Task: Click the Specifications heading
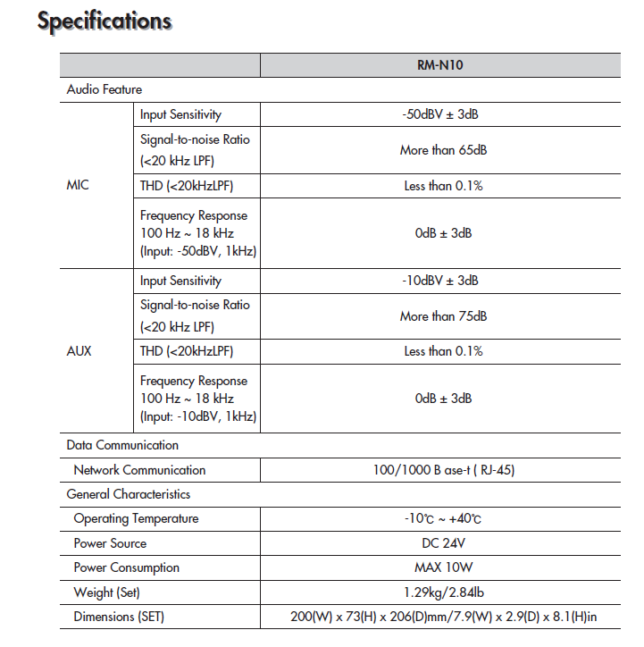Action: click(105, 21)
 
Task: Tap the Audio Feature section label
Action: click(105, 89)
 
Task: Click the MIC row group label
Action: click(79, 186)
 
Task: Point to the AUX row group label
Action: click(79, 351)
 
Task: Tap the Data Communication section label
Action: click(122, 445)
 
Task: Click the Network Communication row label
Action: click(139, 470)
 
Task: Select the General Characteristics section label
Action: click(129, 494)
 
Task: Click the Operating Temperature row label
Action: click(136, 518)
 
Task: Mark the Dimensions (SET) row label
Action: click(119, 617)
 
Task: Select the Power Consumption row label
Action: click(126, 567)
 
